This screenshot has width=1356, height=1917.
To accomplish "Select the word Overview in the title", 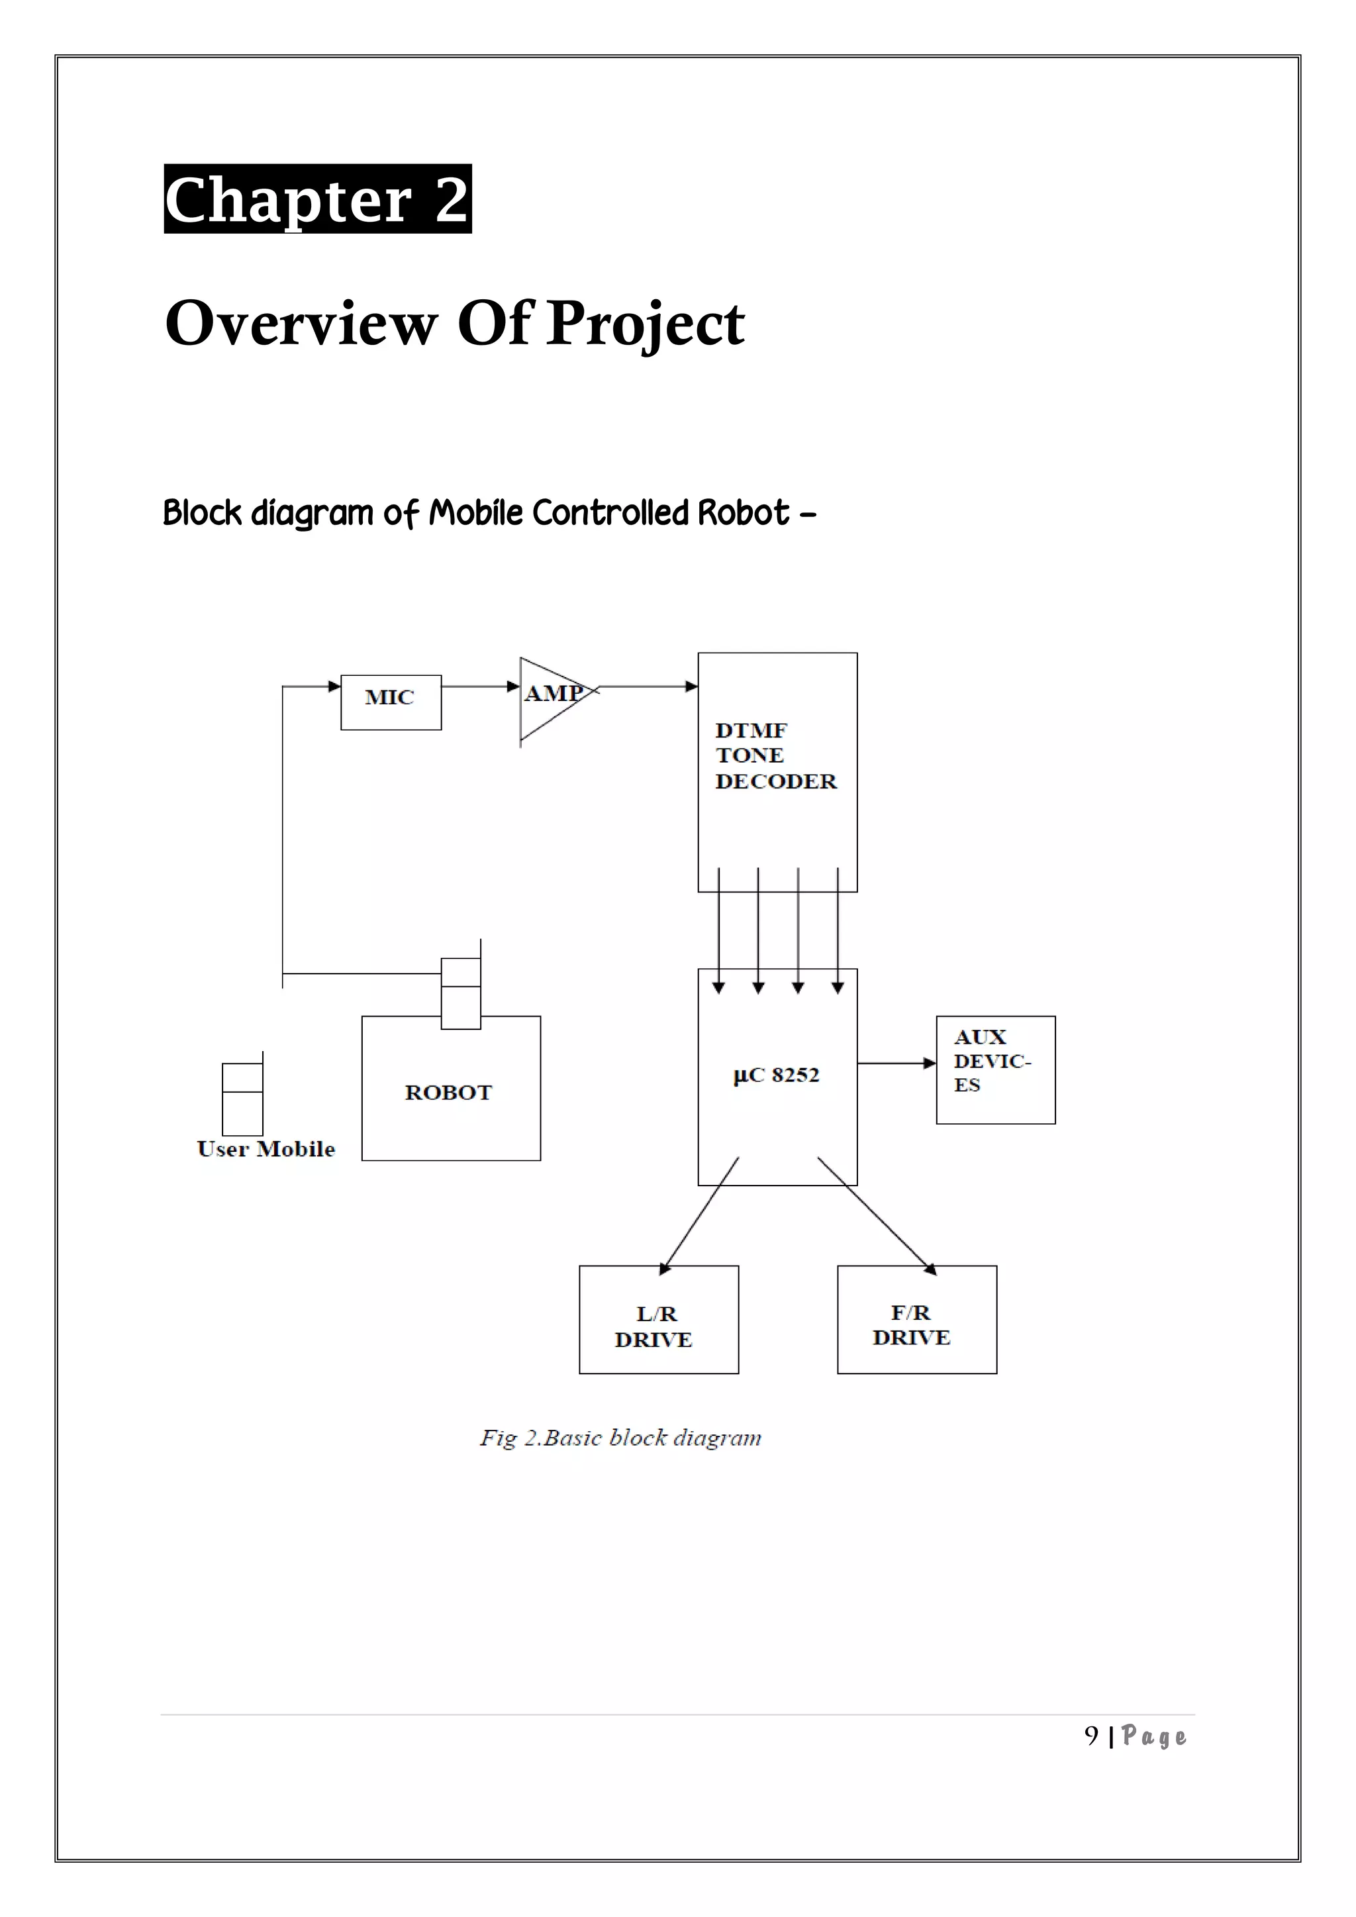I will (x=301, y=323).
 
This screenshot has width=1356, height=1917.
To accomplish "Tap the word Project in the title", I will (x=645, y=323).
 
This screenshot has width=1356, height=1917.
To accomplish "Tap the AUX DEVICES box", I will (x=994, y=1070).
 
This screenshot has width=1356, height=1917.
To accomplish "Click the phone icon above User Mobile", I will (x=242, y=1098).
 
